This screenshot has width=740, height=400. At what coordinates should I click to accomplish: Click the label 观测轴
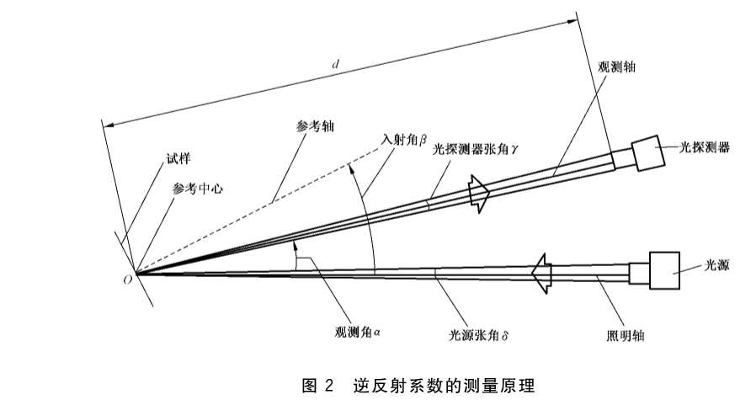click(x=616, y=67)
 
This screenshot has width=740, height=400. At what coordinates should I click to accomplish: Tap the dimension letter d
click(x=336, y=64)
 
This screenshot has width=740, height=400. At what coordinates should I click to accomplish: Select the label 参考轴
click(x=315, y=126)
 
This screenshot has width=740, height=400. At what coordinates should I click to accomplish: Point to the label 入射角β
click(x=404, y=139)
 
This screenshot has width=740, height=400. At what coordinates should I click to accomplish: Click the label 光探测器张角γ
click(x=476, y=149)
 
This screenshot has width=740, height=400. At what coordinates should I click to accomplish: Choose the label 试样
click(x=178, y=158)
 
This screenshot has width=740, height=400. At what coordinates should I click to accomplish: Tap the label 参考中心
click(x=197, y=189)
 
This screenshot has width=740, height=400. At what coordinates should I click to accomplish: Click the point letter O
click(x=127, y=280)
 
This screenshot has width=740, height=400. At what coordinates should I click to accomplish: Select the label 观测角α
click(x=357, y=332)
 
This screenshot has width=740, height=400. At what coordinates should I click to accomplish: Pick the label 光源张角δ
click(x=478, y=335)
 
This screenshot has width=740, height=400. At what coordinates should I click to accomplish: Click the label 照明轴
click(x=626, y=336)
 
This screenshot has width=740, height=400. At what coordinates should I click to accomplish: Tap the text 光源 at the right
click(x=716, y=265)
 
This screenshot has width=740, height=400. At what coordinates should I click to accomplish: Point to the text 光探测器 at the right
click(x=704, y=147)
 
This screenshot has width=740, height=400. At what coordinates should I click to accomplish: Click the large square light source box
click(x=664, y=270)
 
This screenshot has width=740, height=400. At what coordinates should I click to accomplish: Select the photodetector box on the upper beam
click(x=648, y=153)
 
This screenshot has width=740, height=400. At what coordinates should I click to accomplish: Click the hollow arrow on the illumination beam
click(x=541, y=274)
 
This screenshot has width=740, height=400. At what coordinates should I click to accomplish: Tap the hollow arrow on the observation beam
click(x=479, y=194)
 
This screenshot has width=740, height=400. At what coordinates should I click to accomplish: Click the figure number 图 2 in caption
click(x=317, y=386)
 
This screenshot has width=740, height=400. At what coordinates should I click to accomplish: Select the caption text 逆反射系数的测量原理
click(x=445, y=386)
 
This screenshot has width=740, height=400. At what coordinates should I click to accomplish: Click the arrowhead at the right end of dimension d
click(x=572, y=22)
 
